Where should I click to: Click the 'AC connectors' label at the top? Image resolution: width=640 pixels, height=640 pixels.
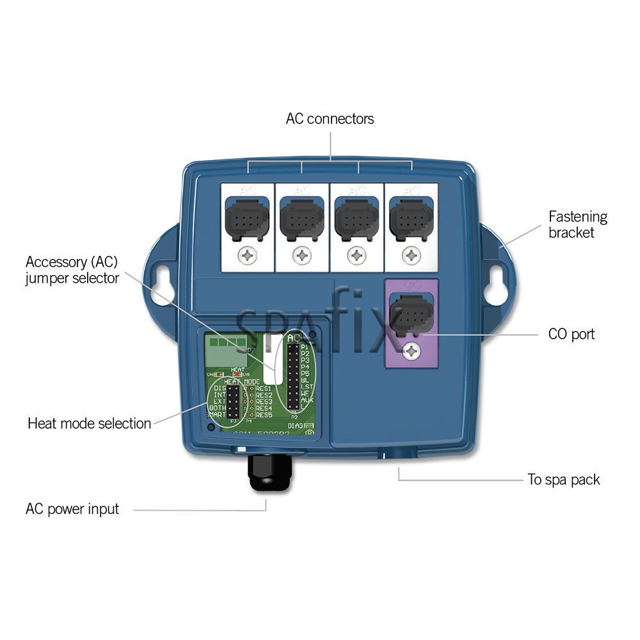(x=330, y=119)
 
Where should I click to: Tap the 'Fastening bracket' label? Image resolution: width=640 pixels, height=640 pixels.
(x=577, y=225)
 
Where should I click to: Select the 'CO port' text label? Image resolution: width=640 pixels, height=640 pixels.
(x=571, y=334)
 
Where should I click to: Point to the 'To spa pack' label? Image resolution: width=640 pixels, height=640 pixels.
(x=563, y=480)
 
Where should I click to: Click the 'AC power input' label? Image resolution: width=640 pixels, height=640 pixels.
(x=72, y=509)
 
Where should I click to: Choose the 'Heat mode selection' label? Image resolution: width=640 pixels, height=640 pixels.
(x=89, y=424)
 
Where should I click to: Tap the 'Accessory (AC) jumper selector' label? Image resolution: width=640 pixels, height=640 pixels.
(x=72, y=270)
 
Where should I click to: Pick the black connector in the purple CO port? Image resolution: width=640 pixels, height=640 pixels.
(x=410, y=314)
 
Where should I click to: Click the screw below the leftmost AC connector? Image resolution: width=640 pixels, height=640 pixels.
(x=247, y=256)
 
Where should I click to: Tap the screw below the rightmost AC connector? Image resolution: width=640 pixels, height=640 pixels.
(x=411, y=256)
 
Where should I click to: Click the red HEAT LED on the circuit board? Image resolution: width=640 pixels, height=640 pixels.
(x=237, y=375)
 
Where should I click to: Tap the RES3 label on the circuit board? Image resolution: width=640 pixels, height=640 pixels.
(x=264, y=402)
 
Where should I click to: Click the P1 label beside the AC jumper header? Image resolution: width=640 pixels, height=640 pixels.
(x=305, y=346)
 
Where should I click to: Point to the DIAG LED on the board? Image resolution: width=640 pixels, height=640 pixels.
(x=308, y=426)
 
